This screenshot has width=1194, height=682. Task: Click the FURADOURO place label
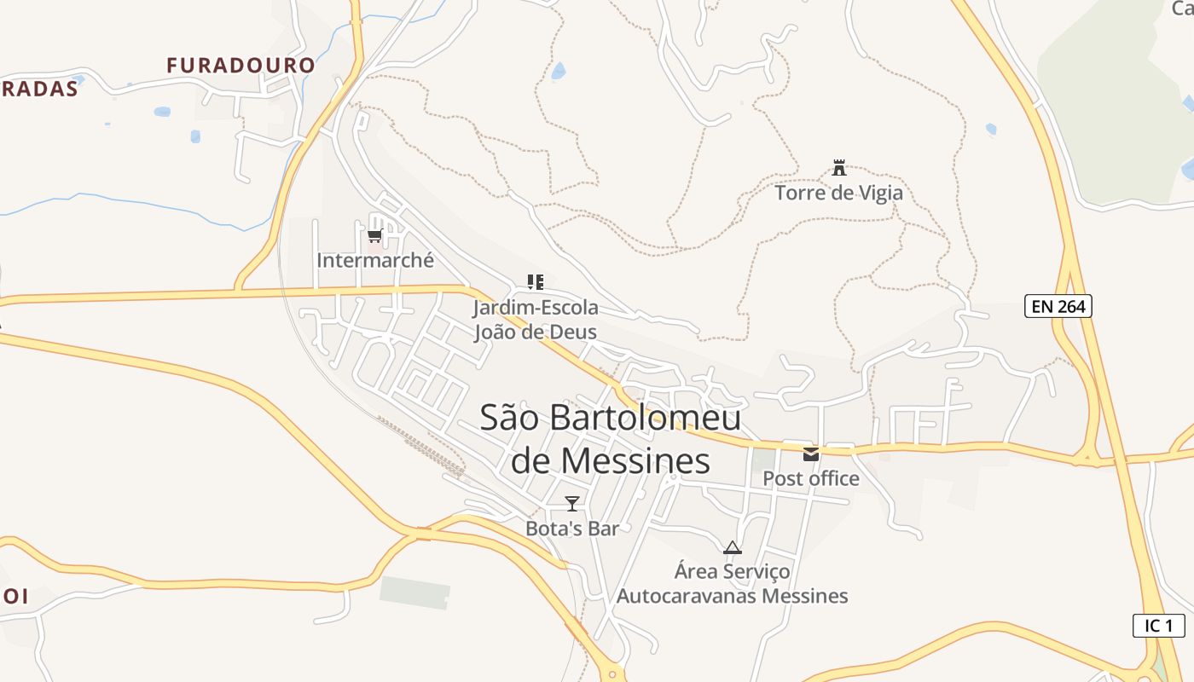(x=241, y=65)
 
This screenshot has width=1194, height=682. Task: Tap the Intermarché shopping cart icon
(x=374, y=235)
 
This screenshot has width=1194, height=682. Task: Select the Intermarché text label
(x=375, y=260)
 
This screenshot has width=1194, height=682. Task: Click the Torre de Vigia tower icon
(x=839, y=168)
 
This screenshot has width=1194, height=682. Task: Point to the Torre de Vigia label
(x=838, y=193)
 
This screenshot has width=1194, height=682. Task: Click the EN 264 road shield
(x=1058, y=306)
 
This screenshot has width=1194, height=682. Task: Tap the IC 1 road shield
(x=1158, y=625)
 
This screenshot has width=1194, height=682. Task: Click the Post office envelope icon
(x=810, y=454)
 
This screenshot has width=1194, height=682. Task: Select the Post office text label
(x=810, y=478)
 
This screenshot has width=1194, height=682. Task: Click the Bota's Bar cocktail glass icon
(x=572, y=504)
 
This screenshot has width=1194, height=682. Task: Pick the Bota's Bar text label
(x=571, y=529)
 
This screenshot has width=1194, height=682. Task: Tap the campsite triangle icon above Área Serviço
(x=732, y=547)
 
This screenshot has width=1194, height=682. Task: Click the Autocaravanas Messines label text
(x=732, y=595)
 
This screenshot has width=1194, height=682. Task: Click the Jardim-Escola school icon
(x=536, y=282)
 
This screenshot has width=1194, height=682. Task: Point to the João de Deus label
(x=536, y=332)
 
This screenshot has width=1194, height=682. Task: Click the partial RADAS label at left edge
(x=39, y=89)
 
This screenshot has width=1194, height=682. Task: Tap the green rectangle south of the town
(x=414, y=592)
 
